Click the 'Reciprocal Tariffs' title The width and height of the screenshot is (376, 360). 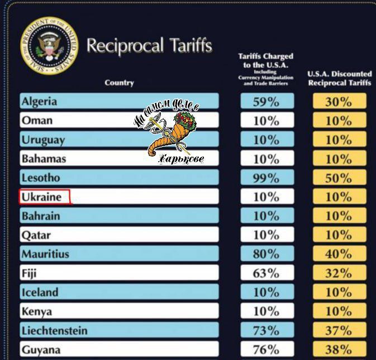(x=150, y=45)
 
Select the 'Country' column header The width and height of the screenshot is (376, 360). (x=119, y=83)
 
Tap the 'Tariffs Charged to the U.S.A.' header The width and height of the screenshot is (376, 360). (x=265, y=69)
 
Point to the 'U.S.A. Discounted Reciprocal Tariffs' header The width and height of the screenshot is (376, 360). (x=339, y=78)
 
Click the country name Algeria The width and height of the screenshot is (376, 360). (x=39, y=101)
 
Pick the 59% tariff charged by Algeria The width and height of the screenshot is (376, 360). (x=266, y=102)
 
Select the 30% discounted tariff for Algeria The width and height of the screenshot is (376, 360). (x=339, y=102)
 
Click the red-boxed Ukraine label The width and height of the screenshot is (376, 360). (x=44, y=197)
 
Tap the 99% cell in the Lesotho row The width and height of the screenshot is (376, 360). (x=266, y=178)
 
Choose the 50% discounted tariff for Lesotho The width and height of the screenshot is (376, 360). (x=339, y=178)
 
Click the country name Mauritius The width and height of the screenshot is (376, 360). (x=46, y=254)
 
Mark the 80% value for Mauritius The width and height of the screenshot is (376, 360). (x=266, y=254)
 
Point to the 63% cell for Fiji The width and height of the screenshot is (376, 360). (x=266, y=273)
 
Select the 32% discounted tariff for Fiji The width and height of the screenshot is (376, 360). (x=339, y=273)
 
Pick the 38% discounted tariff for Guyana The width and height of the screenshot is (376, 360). (x=339, y=350)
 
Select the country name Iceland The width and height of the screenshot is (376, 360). (x=40, y=292)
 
